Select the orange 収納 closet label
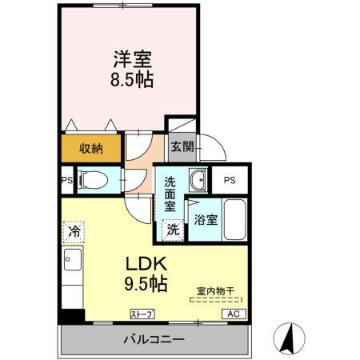tap(90, 148)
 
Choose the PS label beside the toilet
tap(66, 180)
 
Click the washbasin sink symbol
tap(197, 180)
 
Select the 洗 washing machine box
tap(171, 229)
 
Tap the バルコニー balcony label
tap(154, 339)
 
